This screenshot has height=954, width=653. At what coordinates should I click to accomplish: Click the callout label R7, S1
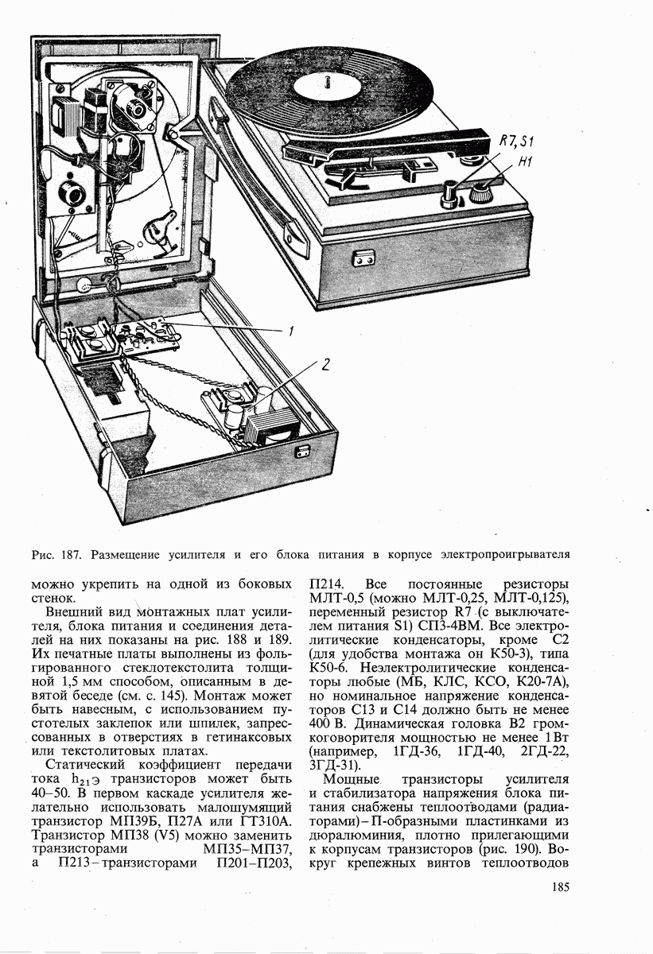coord(515,142)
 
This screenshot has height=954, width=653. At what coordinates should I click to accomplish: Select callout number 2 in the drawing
coord(325,365)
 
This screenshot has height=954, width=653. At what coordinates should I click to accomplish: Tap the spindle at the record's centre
coord(327,80)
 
